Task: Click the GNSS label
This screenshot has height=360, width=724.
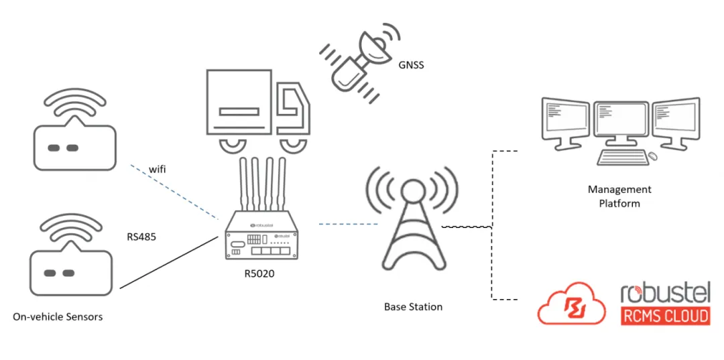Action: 411,66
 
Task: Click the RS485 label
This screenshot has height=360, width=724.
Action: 141,237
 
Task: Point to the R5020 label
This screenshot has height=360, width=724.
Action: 259,273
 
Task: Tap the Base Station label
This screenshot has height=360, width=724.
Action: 413,306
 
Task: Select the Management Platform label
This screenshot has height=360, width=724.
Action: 619,196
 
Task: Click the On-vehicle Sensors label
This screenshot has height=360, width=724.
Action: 58,316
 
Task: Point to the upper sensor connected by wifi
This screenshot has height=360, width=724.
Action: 74,137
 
